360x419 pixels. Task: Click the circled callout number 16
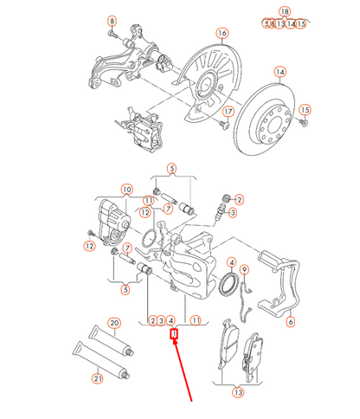coord(222,34)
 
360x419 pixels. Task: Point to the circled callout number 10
coord(126,189)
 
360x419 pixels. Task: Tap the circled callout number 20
coord(114,324)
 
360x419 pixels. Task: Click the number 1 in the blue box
coord(173,332)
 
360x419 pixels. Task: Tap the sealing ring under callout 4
coord(230,286)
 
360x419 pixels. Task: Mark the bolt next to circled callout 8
coord(115,35)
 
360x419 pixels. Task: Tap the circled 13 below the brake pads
coord(236,392)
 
